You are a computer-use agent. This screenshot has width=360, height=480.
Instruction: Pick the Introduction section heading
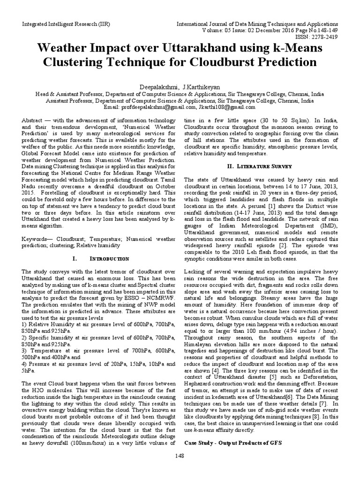pyautogui.click(x=110, y=258)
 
